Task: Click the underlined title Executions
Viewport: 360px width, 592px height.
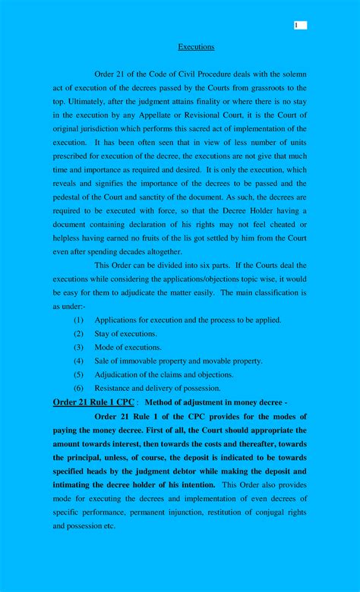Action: [x=196, y=47]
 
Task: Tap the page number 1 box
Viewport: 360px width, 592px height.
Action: [x=300, y=25]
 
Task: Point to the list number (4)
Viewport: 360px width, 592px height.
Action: [x=78, y=361]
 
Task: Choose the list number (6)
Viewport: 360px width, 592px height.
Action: [x=78, y=388]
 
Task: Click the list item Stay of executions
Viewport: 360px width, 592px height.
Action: [x=126, y=334]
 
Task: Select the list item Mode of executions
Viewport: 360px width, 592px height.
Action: [x=128, y=348]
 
